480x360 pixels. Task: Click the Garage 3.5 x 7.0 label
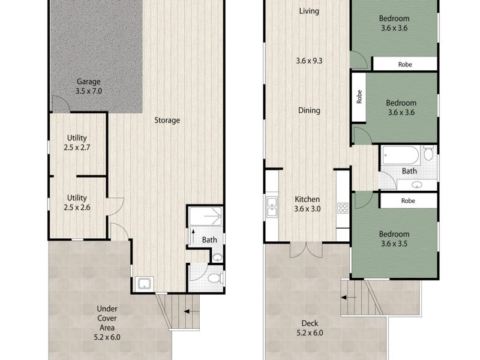pyautogui.click(x=88, y=87)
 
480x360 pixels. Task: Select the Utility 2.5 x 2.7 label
pyautogui.click(x=77, y=142)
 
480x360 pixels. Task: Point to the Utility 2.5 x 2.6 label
pyautogui.click(x=77, y=202)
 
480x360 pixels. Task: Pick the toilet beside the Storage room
pyautogui.click(x=214, y=278)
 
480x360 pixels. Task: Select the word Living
pyautogui.click(x=308, y=11)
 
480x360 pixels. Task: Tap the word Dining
pyautogui.click(x=308, y=110)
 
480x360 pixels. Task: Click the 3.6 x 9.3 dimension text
pyautogui.click(x=308, y=61)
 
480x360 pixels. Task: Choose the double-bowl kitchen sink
pyautogui.click(x=271, y=207)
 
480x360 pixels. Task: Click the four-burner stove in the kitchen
pyautogui.click(x=343, y=209)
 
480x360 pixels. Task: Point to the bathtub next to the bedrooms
pyautogui.click(x=400, y=155)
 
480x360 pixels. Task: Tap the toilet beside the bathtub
pyautogui.click(x=428, y=154)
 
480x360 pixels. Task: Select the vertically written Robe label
pyautogui.click(x=359, y=97)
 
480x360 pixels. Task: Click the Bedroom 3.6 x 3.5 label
pyautogui.click(x=394, y=239)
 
